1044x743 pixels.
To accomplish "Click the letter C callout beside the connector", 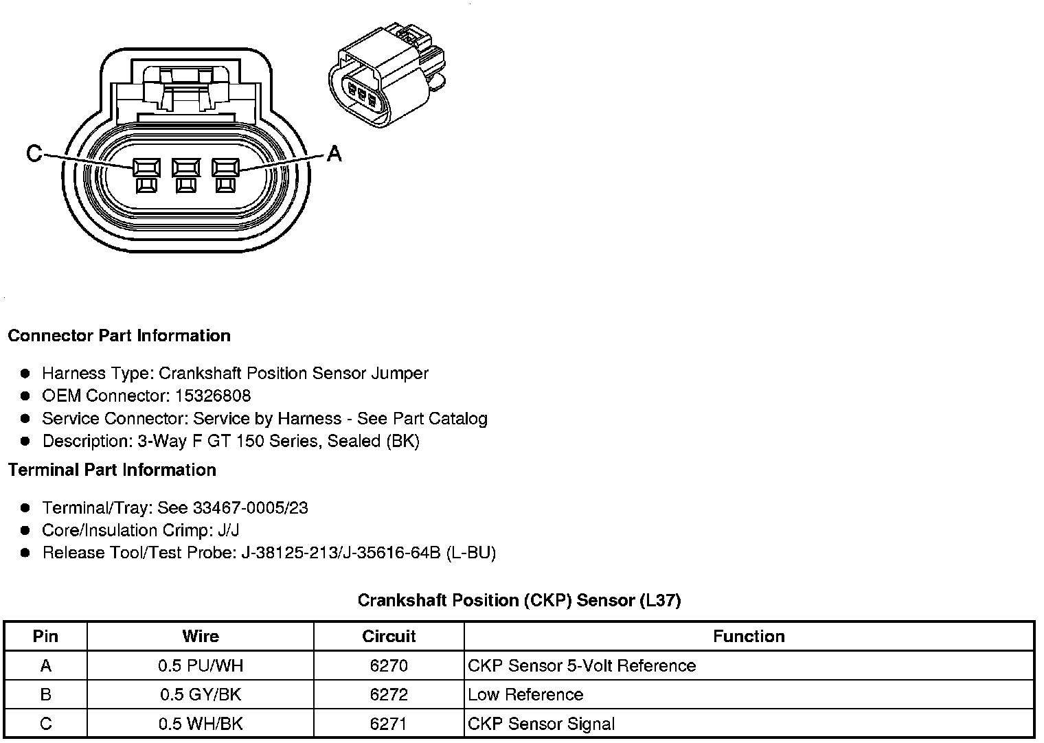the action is pyautogui.click(x=34, y=152).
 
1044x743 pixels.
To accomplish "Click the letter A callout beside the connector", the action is pyautogui.click(x=334, y=152).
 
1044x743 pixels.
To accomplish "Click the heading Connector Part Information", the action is pyautogui.click(x=119, y=336).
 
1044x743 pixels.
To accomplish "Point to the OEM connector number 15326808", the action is pyautogui.click(x=213, y=396).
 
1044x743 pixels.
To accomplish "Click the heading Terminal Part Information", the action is pyautogui.click(x=112, y=470).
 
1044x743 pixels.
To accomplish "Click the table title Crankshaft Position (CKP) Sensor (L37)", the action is pyautogui.click(x=519, y=601).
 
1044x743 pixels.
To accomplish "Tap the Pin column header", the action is pyautogui.click(x=45, y=637).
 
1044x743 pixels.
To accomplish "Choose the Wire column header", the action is pyautogui.click(x=201, y=637).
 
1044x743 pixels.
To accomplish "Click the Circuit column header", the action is pyautogui.click(x=389, y=637).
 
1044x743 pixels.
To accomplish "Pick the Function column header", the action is pyautogui.click(x=749, y=637).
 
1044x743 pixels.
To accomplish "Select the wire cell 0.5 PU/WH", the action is pyautogui.click(x=201, y=666).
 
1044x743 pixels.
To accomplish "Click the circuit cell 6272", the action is pyautogui.click(x=389, y=695).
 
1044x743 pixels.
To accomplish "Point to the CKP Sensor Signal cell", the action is pyautogui.click(x=541, y=724).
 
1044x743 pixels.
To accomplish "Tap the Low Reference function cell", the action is pyautogui.click(x=525, y=695).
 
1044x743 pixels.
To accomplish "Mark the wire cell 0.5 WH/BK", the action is pyautogui.click(x=201, y=724).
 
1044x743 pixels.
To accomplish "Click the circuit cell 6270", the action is pyautogui.click(x=389, y=666).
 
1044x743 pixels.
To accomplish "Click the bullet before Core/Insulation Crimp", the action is pyautogui.click(x=25, y=530).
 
